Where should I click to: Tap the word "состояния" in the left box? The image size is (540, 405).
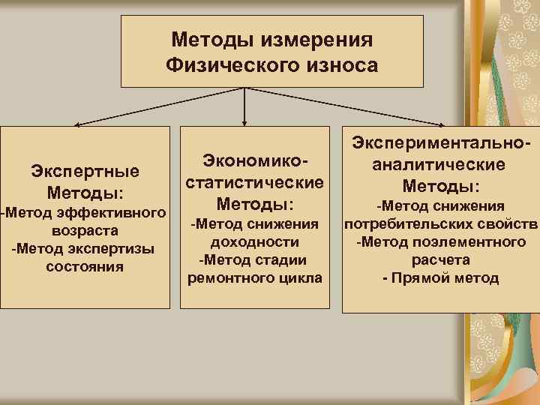click(x=85, y=265)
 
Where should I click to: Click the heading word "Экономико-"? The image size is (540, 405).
click(x=254, y=161)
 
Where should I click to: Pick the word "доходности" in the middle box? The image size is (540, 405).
click(x=254, y=241)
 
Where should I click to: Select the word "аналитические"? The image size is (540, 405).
click(x=440, y=163)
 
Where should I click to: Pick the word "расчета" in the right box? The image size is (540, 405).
click(x=440, y=259)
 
